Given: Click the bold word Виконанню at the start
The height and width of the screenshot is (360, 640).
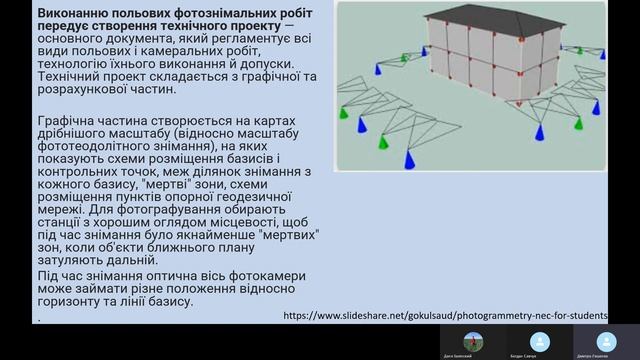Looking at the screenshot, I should pyautogui.click(x=73, y=11).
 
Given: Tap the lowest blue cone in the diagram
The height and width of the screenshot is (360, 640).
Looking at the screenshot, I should pyautogui.click(x=409, y=161).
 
